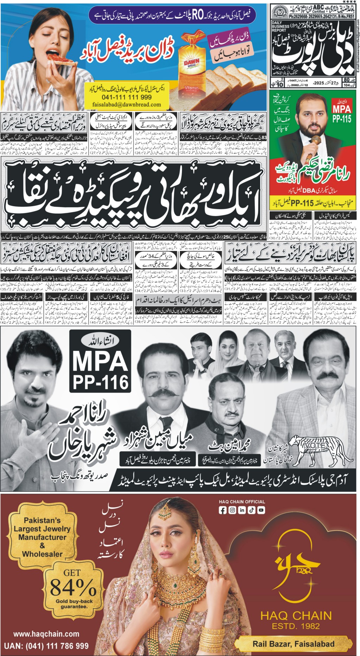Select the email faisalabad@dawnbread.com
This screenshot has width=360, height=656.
pyautogui.click(x=127, y=105)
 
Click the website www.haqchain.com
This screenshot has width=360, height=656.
pyautogui.click(x=46, y=634)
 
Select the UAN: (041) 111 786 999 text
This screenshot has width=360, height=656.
pyautogui.click(x=46, y=645)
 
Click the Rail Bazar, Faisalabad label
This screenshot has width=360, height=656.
pyautogui.click(x=293, y=644)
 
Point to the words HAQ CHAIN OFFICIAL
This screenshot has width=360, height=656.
pyautogui.click(x=242, y=502)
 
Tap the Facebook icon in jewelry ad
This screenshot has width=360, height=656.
pyautogui.click(x=222, y=510)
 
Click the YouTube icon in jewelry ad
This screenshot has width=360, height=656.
pyautogui.click(x=261, y=510)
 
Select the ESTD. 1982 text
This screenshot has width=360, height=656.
pyautogui.click(x=296, y=626)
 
